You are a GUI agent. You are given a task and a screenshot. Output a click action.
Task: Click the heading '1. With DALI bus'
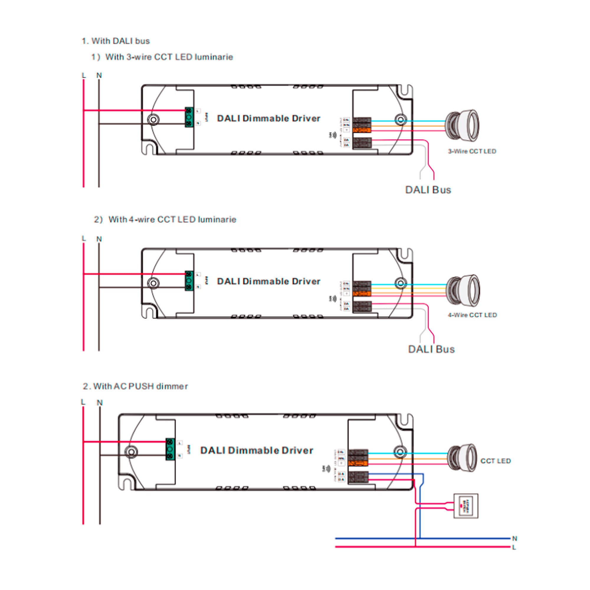pyautogui.click(x=115, y=41)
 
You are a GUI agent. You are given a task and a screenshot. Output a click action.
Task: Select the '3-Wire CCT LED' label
pyautogui.click(x=472, y=151)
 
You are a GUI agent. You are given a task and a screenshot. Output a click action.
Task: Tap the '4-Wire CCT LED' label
pyautogui.click(x=472, y=315)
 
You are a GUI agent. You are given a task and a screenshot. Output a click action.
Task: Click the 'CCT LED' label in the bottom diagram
pyautogui.click(x=495, y=461)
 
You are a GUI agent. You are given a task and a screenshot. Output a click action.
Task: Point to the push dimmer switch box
pyautogui.click(x=466, y=506)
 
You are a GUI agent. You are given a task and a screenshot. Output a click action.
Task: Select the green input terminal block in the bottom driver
pyautogui.click(x=170, y=449)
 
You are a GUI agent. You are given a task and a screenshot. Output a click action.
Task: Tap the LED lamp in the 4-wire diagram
pyautogui.click(x=463, y=290)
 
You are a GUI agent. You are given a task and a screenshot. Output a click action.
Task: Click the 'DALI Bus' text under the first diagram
pyautogui.click(x=428, y=190)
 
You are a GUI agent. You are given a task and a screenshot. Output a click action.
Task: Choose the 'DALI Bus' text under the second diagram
pyautogui.click(x=431, y=349)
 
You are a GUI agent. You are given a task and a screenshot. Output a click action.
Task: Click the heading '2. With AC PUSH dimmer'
pyautogui.click(x=135, y=386)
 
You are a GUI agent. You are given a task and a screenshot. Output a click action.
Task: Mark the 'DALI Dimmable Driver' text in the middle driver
pyautogui.click(x=268, y=281)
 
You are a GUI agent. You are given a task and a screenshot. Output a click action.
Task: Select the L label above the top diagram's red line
pyautogui.click(x=84, y=75)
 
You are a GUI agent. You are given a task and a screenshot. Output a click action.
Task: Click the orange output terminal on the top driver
pyautogui.click(x=362, y=130)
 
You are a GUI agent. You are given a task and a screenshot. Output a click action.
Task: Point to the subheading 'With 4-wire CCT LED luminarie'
pyautogui.click(x=172, y=219)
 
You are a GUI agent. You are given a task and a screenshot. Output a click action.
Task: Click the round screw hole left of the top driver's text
pyautogui.click(x=153, y=119)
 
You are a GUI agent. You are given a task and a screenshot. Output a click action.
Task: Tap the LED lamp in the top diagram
pyautogui.click(x=462, y=125)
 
